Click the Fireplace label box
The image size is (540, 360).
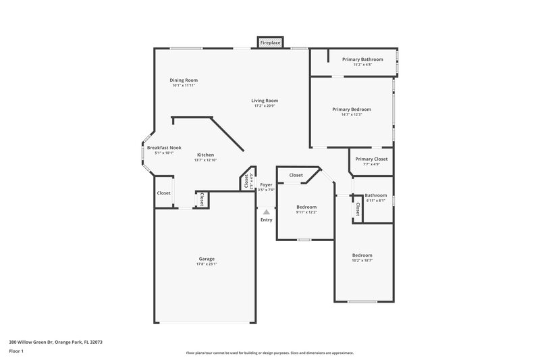270,43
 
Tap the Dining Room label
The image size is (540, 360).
184,80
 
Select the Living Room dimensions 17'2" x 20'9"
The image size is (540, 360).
265,106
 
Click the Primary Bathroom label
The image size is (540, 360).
362,59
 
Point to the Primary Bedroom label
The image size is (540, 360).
351,109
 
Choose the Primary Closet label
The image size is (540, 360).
371,159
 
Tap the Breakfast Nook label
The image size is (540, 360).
164,147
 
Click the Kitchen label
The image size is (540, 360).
205,155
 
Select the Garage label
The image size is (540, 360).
207,259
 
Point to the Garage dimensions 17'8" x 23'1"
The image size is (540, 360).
207,264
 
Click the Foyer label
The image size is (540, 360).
266,184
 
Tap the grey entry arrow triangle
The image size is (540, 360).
266,211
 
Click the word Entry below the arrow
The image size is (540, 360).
266,220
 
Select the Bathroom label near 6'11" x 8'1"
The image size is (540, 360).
376,195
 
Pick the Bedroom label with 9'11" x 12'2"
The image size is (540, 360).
306,207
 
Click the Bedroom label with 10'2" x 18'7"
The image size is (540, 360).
362,255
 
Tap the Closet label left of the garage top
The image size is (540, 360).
164,193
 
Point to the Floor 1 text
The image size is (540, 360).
17,352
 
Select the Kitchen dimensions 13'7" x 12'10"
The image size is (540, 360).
205,160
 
